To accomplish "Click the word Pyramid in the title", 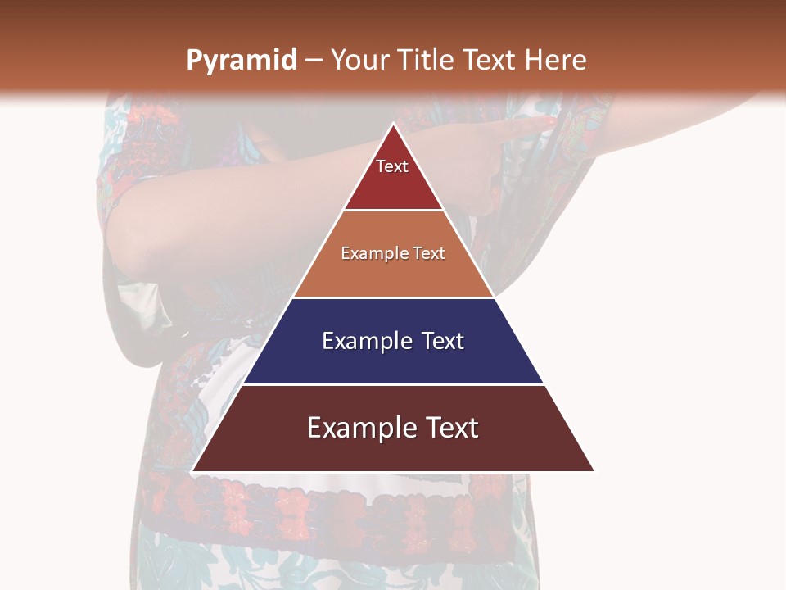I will (241, 61).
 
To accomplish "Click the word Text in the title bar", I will (490, 60).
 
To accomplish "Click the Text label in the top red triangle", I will (392, 167).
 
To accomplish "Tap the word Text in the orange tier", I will (429, 254).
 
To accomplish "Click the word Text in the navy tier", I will (443, 342).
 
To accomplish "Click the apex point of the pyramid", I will (393, 124).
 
